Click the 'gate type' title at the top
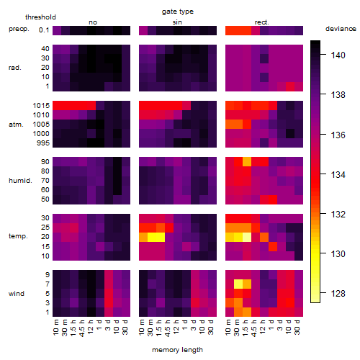click(178, 12)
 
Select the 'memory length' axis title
click(177, 350)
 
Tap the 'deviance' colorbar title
click(341, 29)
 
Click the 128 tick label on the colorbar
click(338, 293)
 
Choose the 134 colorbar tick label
click(338, 174)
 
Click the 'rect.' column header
click(261, 22)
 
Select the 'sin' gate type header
click(177, 22)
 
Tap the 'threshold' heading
click(40, 17)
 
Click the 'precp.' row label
click(19, 29)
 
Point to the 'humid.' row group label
click(20, 181)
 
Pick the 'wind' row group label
click(17, 294)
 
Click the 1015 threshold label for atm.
click(41, 106)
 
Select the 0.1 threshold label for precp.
click(44, 30)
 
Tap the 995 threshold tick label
click(43, 143)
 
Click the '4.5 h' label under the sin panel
click(168, 328)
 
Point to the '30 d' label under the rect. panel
click(297, 327)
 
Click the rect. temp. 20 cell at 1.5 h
click(247, 237)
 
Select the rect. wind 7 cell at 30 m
click(238, 284)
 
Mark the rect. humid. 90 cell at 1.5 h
click(247, 162)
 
